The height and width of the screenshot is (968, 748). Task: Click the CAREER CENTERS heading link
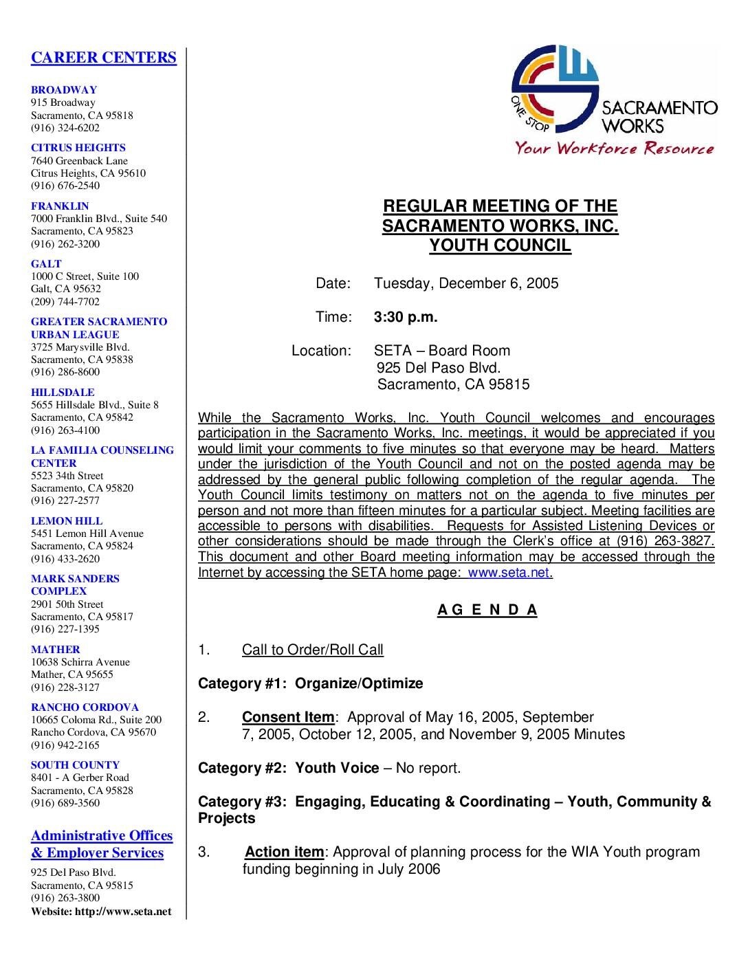[104, 58]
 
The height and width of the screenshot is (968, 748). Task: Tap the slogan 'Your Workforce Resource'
[615, 148]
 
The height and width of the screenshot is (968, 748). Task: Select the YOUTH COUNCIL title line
[500, 245]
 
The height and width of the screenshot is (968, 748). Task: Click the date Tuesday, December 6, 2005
[466, 283]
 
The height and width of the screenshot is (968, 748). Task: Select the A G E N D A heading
[487, 610]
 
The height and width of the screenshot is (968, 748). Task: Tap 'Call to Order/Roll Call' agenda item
[313, 650]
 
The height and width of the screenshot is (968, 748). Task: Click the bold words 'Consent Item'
[288, 717]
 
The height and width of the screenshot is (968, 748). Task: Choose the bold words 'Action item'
[284, 852]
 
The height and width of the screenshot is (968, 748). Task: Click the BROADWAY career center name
[64, 90]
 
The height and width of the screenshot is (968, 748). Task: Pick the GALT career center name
[46, 264]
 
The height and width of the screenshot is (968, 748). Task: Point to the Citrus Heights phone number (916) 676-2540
[65, 186]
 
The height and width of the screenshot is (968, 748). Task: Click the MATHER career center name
[56, 650]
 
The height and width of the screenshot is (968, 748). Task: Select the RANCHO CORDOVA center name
[85, 707]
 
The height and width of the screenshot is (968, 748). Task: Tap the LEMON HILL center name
[67, 521]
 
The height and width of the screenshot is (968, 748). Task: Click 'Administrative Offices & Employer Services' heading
[102, 844]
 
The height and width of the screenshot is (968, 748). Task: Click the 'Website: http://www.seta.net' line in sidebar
[101, 912]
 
